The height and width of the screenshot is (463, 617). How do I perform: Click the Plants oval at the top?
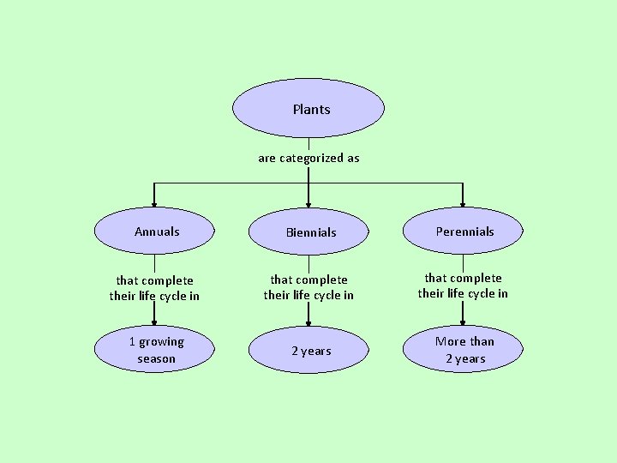(308, 108)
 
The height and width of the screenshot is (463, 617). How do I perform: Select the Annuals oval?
(154, 231)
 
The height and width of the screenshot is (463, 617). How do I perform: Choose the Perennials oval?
(463, 231)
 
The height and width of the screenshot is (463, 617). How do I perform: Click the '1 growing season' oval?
(154, 350)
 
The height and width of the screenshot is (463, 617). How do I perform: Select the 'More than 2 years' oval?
(463, 350)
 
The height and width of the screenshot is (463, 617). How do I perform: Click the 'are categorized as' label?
(308, 158)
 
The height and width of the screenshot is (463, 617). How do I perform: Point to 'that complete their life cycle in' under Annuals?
(154, 288)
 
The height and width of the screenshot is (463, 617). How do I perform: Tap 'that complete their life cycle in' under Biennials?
(308, 287)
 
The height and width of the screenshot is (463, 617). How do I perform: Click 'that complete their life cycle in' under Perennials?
(463, 286)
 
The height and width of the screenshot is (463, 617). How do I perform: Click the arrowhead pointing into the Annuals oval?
(154, 204)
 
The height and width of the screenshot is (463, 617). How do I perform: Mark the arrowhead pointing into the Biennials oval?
(308, 204)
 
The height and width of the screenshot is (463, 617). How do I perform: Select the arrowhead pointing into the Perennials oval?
(463, 204)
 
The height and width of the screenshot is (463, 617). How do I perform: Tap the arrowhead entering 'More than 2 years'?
(463, 322)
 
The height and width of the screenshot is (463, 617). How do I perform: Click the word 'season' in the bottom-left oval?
(156, 359)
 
